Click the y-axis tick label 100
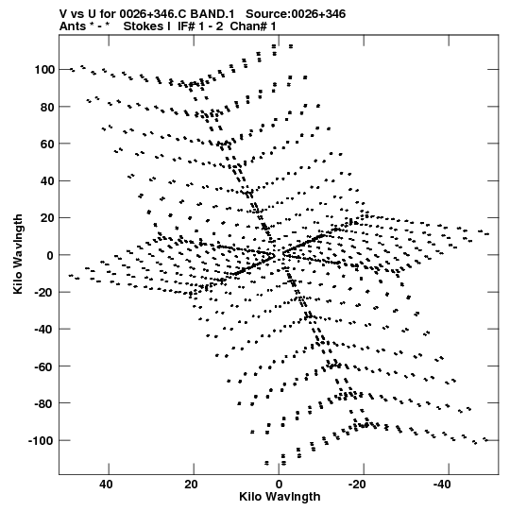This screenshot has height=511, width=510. [44, 70]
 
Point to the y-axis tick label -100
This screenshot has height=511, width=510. [42, 441]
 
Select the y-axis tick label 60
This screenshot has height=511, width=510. [47, 145]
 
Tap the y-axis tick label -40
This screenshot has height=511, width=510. [44, 330]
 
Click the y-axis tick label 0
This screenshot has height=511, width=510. [50, 255]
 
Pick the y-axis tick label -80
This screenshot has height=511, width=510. [44, 403]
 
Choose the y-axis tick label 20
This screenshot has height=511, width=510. [47, 218]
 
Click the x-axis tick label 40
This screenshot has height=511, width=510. [106, 485]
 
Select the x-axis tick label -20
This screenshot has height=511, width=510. [358, 485]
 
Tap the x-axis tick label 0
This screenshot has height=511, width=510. [279, 485]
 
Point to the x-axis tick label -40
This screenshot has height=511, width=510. [443, 485]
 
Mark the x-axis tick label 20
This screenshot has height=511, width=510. [192, 485]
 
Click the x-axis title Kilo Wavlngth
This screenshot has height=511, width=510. [280, 497]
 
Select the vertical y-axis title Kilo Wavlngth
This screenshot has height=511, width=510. [18, 254]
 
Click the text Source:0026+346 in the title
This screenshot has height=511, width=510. [296, 14]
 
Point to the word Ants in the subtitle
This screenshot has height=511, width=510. [73, 26]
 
